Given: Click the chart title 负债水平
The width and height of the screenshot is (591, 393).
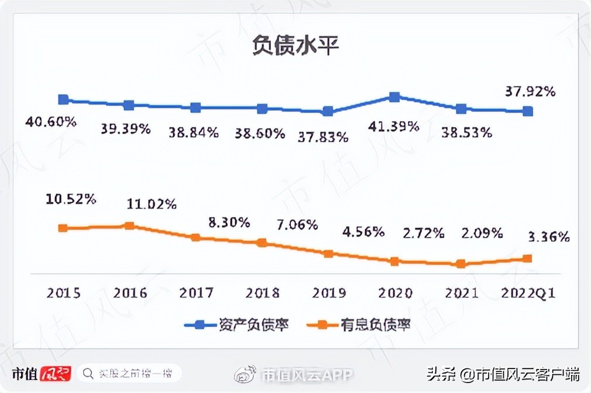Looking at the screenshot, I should point(295,46).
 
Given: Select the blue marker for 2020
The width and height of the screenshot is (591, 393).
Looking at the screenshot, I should point(394,97).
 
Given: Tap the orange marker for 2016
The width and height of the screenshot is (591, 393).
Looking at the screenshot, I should point(130,226).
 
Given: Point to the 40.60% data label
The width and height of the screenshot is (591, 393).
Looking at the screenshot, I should point(51,122).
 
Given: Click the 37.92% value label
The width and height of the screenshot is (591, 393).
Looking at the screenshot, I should point(530,92).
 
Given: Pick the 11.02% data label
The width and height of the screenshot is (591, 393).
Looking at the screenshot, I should point(152,205).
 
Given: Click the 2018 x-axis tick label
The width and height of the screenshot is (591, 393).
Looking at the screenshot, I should point(262,292).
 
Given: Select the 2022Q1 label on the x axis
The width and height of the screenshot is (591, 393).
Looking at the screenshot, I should point(528,292).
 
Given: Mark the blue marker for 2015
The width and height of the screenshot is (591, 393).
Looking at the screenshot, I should point(64,100).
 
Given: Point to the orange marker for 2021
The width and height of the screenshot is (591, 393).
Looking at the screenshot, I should point(461,264).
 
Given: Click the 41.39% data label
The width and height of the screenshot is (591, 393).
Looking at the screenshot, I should point(394,126).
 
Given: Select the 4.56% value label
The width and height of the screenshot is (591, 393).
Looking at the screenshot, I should point(363,232).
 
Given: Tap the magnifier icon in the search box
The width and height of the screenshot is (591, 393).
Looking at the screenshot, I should point(88,373).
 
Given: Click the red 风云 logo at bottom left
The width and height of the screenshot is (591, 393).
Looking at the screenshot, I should point(55,373).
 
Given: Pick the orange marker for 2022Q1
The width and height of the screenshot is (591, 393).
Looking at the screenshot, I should point(527,258).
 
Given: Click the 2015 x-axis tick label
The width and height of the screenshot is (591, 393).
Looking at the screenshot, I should point(64,292).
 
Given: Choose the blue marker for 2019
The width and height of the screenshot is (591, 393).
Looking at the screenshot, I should point(328,111).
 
